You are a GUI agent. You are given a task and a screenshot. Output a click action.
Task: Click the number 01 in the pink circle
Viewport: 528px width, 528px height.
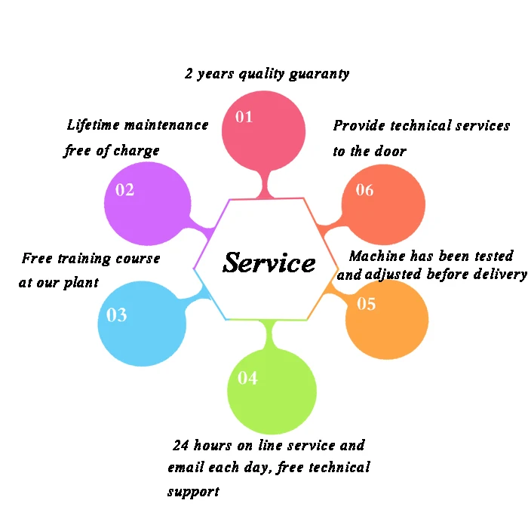pos(244,117)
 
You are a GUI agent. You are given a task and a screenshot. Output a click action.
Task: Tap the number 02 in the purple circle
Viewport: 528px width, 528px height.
pos(124,190)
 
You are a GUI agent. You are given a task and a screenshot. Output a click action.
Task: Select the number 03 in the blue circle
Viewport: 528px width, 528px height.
pos(117,315)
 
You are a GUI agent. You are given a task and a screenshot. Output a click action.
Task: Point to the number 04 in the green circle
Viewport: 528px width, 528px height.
pos(247,378)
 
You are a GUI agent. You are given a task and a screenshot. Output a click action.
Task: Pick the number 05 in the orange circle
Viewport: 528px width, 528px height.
pos(366,304)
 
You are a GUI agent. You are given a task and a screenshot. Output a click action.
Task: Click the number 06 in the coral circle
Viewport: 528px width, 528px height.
pos(364,190)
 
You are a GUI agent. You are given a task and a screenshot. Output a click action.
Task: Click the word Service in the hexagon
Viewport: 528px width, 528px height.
pos(269,262)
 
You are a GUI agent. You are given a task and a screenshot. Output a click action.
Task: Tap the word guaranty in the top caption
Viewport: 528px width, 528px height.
pos(320,74)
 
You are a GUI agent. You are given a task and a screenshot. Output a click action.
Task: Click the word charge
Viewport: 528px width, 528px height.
pos(137,150)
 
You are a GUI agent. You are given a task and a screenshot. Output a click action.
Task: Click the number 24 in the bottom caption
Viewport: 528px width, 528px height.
pos(181,445)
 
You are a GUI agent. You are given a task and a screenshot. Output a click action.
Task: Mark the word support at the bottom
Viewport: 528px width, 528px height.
pos(193,492)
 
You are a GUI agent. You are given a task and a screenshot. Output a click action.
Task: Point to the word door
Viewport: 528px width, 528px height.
pos(390,151)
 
